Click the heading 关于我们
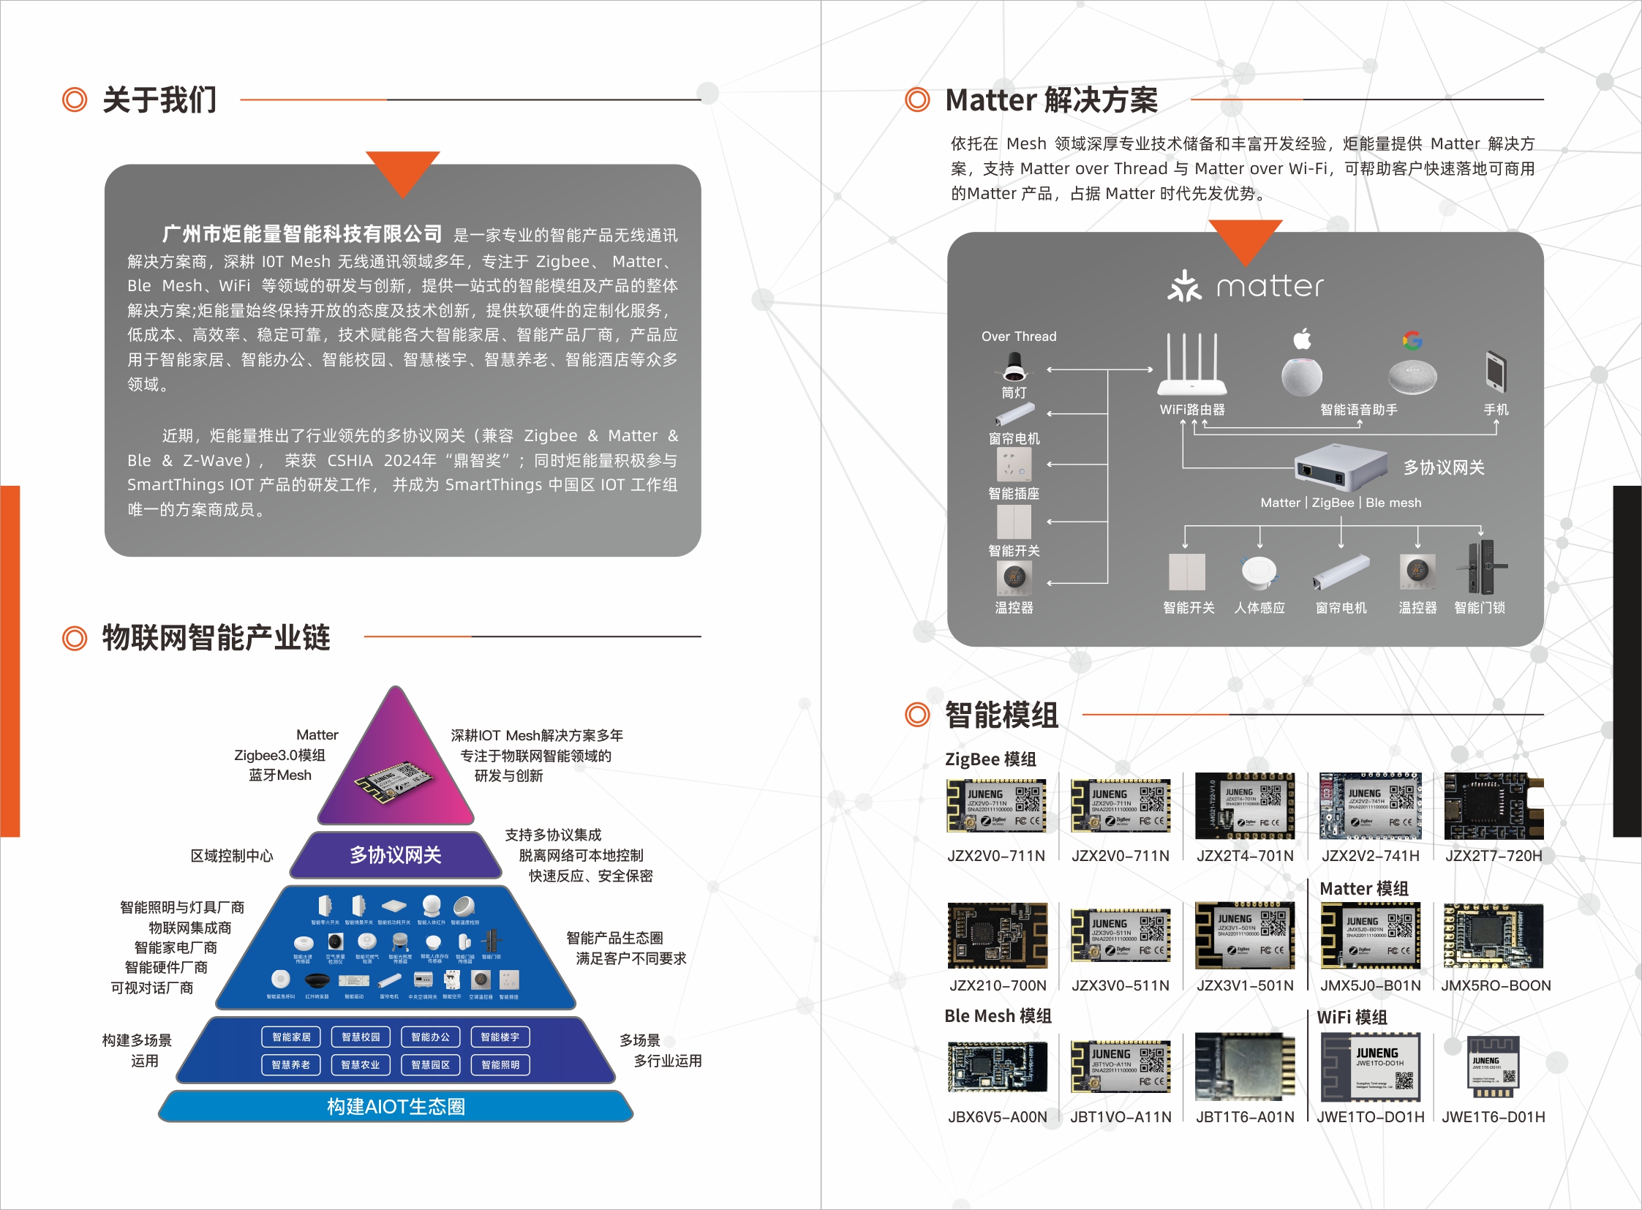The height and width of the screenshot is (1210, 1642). point(159,99)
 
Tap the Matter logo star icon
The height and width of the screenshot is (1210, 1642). point(1184,286)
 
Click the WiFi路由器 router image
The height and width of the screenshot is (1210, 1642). point(1191,367)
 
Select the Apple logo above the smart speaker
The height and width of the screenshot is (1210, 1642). point(1302,339)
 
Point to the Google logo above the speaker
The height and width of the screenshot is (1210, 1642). point(1412,340)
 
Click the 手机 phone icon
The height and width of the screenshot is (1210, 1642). point(1495,372)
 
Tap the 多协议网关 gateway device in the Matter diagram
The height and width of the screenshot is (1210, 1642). point(1340,467)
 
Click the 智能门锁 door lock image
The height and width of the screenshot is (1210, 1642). point(1483,567)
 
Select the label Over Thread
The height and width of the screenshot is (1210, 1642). point(1019,337)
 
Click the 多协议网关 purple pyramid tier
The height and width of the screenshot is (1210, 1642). point(396,854)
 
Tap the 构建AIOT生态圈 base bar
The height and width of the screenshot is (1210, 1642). point(396,1106)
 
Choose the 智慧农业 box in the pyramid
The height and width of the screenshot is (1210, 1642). point(361,1064)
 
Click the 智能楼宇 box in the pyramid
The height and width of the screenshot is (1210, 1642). point(500,1037)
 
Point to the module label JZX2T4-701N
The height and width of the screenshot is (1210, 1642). point(1245,855)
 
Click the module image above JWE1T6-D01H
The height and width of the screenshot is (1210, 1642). point(1494,1067)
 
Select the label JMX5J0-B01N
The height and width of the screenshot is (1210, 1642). point(1371,985)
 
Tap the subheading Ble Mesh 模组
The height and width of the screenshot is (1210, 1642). point(998,1016)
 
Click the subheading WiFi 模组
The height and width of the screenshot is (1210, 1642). point(1351,1017)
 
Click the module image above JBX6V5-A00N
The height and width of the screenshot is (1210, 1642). point(997,1067)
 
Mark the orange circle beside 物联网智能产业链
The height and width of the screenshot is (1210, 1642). point(75,638)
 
